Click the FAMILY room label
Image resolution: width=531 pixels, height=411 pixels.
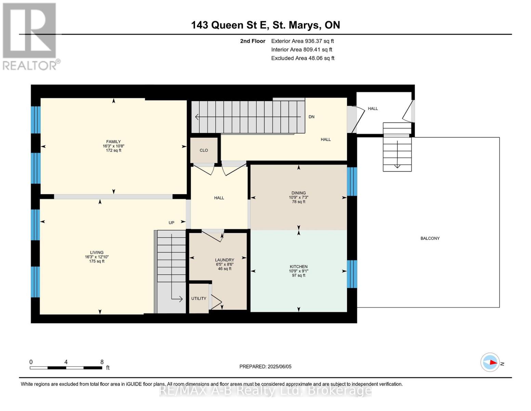click(114, 142)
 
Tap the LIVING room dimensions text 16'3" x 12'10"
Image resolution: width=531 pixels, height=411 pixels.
click(97, 257)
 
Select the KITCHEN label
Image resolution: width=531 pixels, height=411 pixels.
click(298, 266)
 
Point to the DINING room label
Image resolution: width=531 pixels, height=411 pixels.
click(298, 193)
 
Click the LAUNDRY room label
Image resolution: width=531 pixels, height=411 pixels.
click(225, 260)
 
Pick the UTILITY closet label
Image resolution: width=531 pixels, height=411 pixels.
click(199, 298)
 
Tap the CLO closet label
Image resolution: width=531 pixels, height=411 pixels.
click(204, 150)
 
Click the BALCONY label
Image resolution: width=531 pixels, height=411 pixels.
click(430, 238)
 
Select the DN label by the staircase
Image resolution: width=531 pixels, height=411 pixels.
click(311, 117)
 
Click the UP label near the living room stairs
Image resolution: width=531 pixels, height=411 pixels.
click(171, 223)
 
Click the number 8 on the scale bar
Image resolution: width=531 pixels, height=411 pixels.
click(102, 362)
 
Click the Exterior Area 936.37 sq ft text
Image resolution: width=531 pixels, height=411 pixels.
click(303, 41)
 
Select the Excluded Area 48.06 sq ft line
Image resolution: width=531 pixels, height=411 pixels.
click(303, 58)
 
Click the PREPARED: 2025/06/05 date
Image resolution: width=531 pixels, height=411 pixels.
click(265, 367)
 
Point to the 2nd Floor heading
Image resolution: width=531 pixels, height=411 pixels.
click(253, 41)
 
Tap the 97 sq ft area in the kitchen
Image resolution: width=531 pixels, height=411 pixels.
click(298, 275)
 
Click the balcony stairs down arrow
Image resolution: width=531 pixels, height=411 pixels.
click(397, 154)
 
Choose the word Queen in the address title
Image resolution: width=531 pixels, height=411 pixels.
click(227, 25)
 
